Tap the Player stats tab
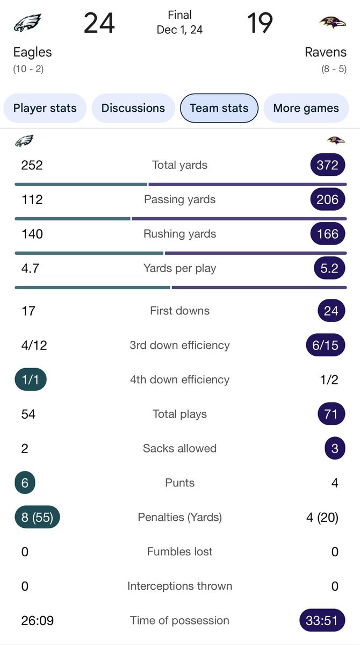[x=45, y=108]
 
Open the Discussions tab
[x=133, y=108]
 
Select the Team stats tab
[x=219, y=108]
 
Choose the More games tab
[x=306, y=108]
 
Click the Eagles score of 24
[x=99, y=24]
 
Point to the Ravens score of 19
[x=260, y=24]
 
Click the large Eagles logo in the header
[x=27, y=23]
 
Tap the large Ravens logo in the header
[x=333, y=23]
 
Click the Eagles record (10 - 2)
[x=29, y=69]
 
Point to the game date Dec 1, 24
[x=179, y=30]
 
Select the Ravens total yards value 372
[x=327, y=165]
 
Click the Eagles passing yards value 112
[x=32, y=199]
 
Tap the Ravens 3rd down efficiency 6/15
[x=326, y=345]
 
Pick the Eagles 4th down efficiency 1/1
[x=31, y=379]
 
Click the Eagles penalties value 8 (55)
[x=37, y=517]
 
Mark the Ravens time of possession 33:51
[x=322, y=620]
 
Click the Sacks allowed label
[x=179, y=448]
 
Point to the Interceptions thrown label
[x=179, y=586]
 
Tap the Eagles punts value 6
[x=25, y=483]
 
